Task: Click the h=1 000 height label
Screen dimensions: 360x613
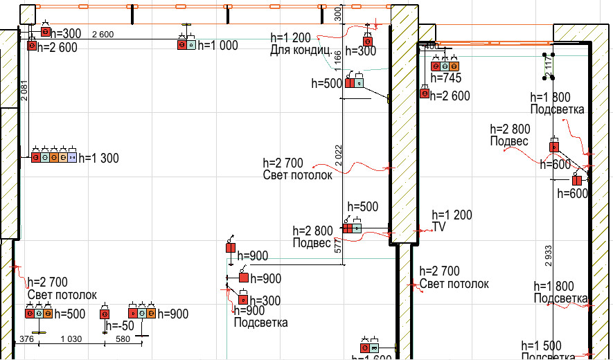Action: tap(217, 45)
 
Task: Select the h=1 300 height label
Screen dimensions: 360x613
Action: tap(98, 159)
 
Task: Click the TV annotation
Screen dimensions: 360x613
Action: tap(440, 226)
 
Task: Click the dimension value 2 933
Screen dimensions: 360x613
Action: tap(548, 255)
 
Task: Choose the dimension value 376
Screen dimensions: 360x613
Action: tap(26, 339)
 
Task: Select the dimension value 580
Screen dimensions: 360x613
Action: tap(123, 339)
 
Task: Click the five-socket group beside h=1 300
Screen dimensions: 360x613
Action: tap(53, 158)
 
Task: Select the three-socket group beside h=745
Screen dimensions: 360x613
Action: tap(445, 66)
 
